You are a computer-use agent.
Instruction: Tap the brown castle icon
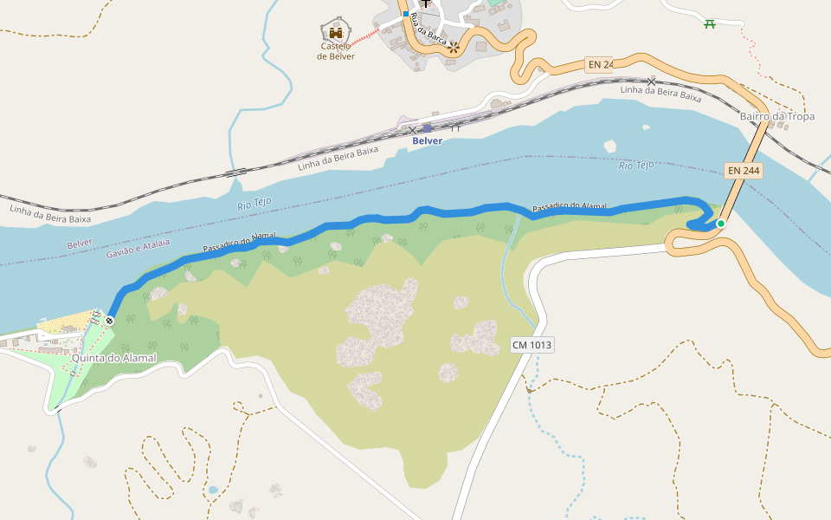tap(336, 32)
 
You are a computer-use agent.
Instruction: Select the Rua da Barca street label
tap(429, 29)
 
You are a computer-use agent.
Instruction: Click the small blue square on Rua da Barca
tap(405, 14)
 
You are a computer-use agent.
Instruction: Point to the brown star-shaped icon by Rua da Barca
tap(453, 47)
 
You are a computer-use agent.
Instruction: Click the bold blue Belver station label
tap(427, 140)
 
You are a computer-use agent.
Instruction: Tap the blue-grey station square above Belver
tap(427, 128)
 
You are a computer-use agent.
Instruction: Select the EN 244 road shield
tap(743, 171)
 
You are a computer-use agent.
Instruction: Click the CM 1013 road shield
tap(531, 345)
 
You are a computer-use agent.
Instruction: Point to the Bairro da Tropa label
tap(777, 116)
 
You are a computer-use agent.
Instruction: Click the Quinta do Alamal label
tap(113, 358)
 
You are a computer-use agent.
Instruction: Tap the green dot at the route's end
tap(720, 224)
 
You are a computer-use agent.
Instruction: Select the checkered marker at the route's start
tap(109, 321)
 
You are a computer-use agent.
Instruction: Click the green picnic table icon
tap(710, 23)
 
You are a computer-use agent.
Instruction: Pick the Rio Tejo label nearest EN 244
tap(636, 165)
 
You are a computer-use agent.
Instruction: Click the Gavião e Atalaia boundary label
tap(138, 249)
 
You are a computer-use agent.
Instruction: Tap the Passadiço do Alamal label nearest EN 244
tap(569, 206)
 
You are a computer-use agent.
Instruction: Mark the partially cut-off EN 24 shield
tap(599, 65)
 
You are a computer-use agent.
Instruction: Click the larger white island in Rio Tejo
tap(610, 146)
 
